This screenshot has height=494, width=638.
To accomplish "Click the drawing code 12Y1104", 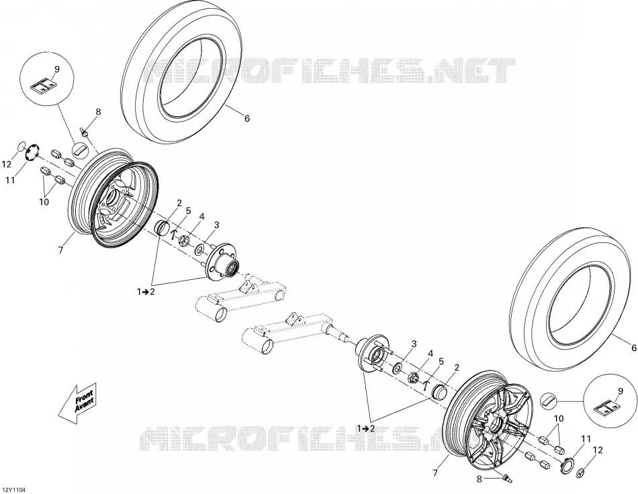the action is [x=13, y=490].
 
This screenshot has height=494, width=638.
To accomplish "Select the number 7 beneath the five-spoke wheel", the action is [x=435, y=473].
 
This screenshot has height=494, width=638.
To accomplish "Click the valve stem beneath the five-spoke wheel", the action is [x=506, y=477].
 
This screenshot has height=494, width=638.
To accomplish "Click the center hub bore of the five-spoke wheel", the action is [x=495, y=426].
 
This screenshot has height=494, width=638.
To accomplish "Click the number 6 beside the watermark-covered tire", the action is [x=246, y=118].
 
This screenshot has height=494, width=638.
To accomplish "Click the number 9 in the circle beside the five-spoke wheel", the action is [x=620, y=391].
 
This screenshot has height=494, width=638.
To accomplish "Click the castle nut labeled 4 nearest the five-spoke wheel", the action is [x=414, y=377].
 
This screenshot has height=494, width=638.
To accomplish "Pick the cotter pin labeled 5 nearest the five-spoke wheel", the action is [x=426, y=384].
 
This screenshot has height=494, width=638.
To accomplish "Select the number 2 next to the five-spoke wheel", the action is [x=457, y=368].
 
